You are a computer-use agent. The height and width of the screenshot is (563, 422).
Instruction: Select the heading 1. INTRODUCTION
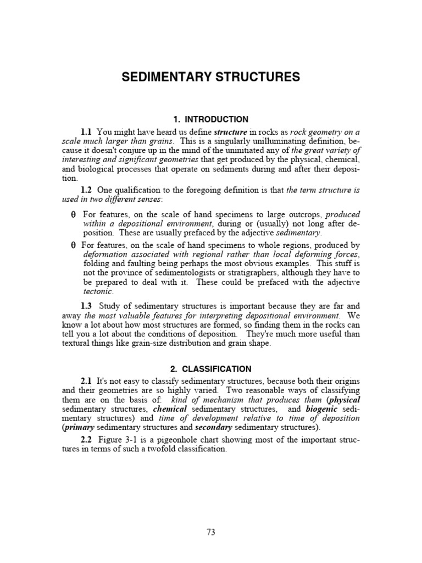[210, 119]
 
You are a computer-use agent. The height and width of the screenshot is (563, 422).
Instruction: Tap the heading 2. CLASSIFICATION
[211, 369]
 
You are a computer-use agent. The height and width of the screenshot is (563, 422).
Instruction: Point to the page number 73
[211, 532]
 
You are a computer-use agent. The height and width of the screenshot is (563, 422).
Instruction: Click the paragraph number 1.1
[86, 132]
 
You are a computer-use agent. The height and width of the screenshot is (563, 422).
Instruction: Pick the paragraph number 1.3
[86, 306]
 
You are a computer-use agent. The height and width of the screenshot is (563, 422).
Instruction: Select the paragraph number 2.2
[86, 440]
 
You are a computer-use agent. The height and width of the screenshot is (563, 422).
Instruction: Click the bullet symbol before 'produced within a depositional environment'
[74, 214]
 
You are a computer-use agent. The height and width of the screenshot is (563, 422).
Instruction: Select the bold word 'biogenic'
[321, 409]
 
